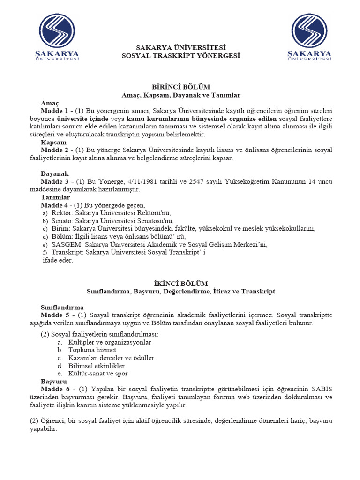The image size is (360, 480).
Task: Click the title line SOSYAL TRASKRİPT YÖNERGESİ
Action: pos(180,56)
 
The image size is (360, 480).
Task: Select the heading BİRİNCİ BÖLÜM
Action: pos(180,87)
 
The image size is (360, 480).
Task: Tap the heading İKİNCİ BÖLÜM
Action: pos(180,283)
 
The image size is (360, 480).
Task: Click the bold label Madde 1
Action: pos(54,111)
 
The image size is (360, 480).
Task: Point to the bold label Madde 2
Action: pos(54,150)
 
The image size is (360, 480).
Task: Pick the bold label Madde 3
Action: pos(54,181)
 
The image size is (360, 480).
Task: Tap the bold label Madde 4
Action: pos(54,205)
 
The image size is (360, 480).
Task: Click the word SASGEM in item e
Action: pos(65,245)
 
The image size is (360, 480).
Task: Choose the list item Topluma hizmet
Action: pos(92,350)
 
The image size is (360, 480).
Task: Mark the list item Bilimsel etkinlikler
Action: pos(96,366)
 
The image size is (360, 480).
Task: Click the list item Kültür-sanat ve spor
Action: pos(97,374)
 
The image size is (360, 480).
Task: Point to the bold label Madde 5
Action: pos(54,315)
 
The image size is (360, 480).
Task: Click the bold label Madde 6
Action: pos(54,389)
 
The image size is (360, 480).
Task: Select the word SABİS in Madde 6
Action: pos(322,389)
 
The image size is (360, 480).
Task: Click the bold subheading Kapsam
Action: pos(53,142)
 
